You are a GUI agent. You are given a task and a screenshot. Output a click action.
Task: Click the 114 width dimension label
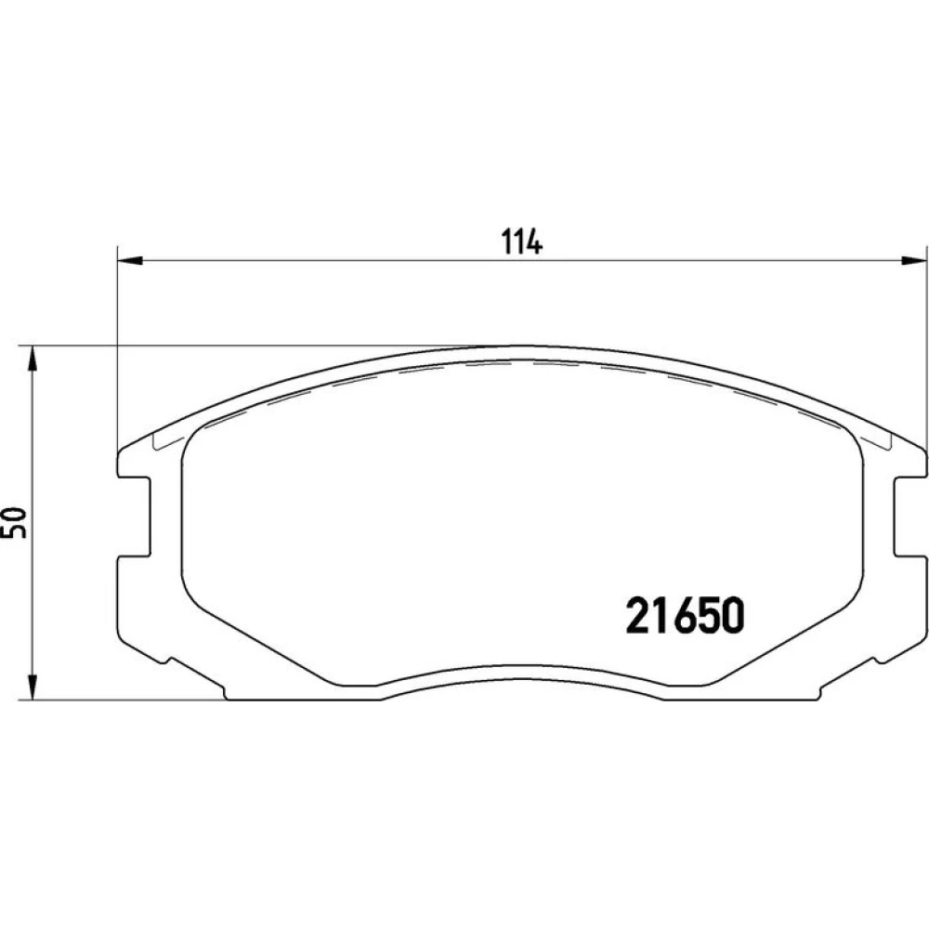coord(521,242)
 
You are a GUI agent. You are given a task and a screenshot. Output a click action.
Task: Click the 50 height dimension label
coord(16,522)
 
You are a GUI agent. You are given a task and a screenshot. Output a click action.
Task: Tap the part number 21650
coord(685,615)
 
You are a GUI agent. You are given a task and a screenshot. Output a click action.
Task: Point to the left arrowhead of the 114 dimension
coord(130,260)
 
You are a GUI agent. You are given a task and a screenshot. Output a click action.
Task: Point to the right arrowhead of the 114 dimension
coord(913,260)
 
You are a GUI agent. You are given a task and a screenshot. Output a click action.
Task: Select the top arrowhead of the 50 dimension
coord(33,359)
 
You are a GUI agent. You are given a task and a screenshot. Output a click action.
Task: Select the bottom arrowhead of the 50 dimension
coord(33,687)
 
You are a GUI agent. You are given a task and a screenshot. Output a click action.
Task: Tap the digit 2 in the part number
coord(637,615)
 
